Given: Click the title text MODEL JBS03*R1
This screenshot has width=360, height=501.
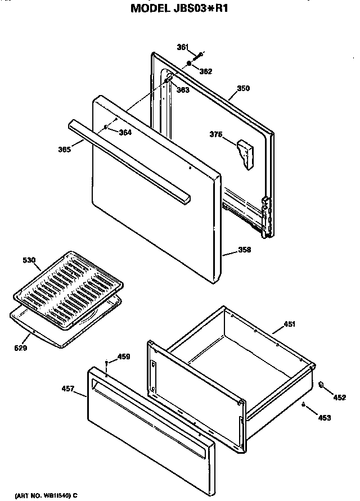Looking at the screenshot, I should click(x=180, y=8).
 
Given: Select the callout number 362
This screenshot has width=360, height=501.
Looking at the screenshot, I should click(x=206, y=71).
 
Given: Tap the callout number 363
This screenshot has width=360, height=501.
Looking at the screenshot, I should click(x=182, y=89).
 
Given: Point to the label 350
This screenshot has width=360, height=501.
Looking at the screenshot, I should click(x=243, y=88).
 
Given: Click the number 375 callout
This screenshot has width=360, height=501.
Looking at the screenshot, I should click(x=216, y=134).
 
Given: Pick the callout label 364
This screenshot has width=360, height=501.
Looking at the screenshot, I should click(x=125, y=132).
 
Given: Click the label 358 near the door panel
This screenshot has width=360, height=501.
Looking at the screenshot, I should click(x=244, y=250).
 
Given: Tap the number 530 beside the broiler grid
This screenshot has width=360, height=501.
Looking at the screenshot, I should click(x=29, y=260).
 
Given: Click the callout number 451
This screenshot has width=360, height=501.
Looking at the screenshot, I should click(x=290, y=324).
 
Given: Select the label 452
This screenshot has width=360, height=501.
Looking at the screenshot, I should click(x=339, y=397).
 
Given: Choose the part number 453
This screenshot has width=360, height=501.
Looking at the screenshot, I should click(x=325, y=417).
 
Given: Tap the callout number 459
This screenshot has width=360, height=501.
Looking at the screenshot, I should click(x=123, y=356).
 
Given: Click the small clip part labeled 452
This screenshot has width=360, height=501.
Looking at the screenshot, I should click(x=321, y=385).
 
